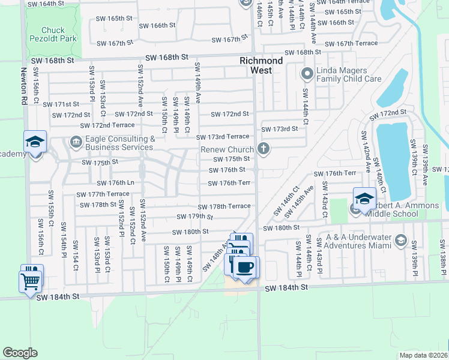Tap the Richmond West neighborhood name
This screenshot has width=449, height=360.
[261, 65]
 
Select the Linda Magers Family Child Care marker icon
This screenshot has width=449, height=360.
[307, 74]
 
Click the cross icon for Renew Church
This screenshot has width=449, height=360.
[262, 148]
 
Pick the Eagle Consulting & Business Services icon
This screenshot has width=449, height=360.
[76, 142]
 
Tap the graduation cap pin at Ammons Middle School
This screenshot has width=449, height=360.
[364, 197]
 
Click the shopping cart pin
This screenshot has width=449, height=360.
[31, 280]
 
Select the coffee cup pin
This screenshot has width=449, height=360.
[244, 267]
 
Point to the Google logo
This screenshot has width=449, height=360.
[21, 353]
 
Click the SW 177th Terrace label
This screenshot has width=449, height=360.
[102, 194]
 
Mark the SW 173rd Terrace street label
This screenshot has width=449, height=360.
[222, 137]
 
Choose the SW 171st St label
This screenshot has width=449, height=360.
[66, 104]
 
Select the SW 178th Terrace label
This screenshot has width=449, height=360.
[224, 206]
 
